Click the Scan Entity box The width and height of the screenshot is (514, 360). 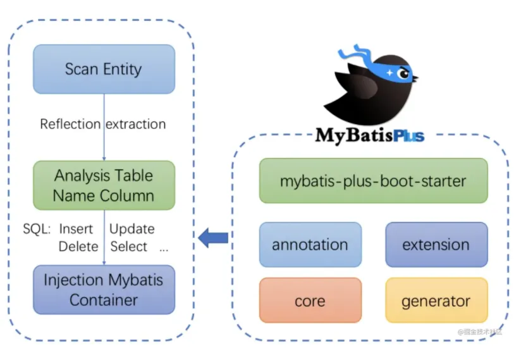pyautogui.click(x=104, y=69)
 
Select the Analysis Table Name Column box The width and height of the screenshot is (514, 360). pyautogui.click(x=104, y=185)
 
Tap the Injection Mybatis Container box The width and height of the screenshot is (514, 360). pyautogui.click(x=104, y=290)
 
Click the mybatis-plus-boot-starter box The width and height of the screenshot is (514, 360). pyautogui.click(x=374, y=181)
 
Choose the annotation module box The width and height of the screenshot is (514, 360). pyautogui.click(x=310, y=244)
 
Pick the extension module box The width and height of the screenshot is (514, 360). pyautogui.click(x=437, y=244)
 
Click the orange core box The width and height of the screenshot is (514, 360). pyautogui.click(x=310, y=301)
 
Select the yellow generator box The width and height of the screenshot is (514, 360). pyautogui.click(x=437, y=301)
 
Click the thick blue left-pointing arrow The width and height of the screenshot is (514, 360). pyautogui.click(x=213, y=238)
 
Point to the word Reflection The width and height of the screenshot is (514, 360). pyautogui.click(x=70, y=125)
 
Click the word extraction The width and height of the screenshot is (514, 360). pyautogui.click(x=136, y=125)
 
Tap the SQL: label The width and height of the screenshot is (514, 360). pyautogui.click(x=37, y=229)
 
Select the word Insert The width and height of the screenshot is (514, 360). pyautogui.click(x=76, y=229)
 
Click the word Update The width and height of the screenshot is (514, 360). pyautogui.click(x=132, y=229)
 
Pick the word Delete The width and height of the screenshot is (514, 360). pyautogui.click(x=78, y=247)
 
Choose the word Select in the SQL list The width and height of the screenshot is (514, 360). pyautogui.click(x=128, y=247)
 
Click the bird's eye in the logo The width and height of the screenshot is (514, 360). pyautogui.click(x=403, y=74)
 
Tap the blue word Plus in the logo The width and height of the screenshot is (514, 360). pyautogui.click(x=409, y=135)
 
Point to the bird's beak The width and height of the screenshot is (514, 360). pyautogui.click(x=415, y=78)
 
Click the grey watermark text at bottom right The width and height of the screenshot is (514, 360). pyautogui.click(x=480, y=332)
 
